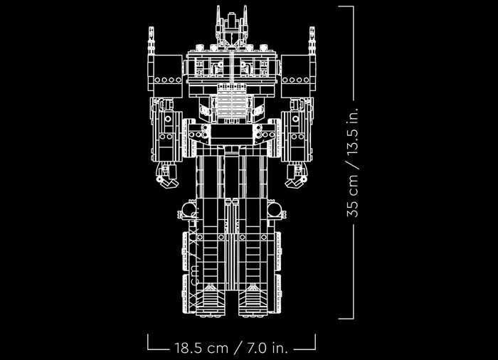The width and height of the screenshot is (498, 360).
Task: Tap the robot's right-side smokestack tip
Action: [x=311, y=29]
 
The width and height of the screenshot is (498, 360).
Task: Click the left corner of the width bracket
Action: [x=149, y=348]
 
